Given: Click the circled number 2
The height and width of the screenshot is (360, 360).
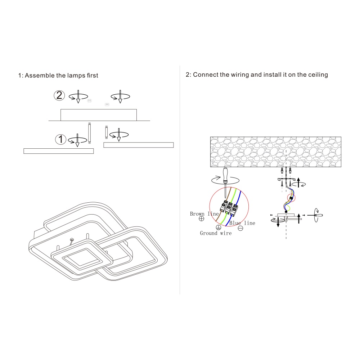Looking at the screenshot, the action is point(59,95).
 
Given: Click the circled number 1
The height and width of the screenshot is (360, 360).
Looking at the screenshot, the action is point(60,139).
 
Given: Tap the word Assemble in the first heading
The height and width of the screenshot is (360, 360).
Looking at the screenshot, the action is point(40,75).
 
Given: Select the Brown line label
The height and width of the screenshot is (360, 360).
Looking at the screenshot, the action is point(204,214).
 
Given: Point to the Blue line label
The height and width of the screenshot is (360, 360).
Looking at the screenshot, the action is point(242,223).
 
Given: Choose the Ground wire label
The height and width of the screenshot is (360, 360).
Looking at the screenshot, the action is point(216,233).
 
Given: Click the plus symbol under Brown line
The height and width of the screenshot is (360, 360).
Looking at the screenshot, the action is point(201,219).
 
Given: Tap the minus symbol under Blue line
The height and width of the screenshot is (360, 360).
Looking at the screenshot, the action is point(240,228).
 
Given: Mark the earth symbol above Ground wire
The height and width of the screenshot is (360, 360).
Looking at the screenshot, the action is point(219,228).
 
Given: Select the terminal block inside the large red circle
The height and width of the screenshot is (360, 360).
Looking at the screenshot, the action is point(229,208).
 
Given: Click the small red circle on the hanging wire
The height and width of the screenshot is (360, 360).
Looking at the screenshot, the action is point(291,198).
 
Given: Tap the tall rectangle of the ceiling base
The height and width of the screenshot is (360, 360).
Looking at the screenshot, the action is point(99,115).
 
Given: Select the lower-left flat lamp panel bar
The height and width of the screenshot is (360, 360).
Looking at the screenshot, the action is point(59,151).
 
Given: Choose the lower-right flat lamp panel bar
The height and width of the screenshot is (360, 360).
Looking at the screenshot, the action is point(139,145).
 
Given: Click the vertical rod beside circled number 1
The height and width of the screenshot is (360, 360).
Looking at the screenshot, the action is point(89,133).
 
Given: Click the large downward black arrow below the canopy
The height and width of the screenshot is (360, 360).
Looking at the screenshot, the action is point(278,222).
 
